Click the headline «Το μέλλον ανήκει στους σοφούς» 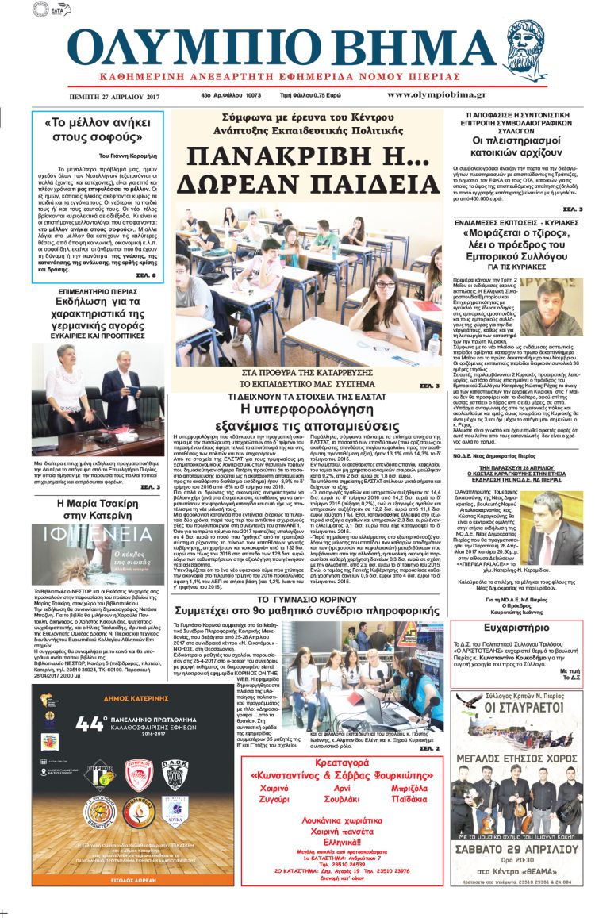coord(98,130)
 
